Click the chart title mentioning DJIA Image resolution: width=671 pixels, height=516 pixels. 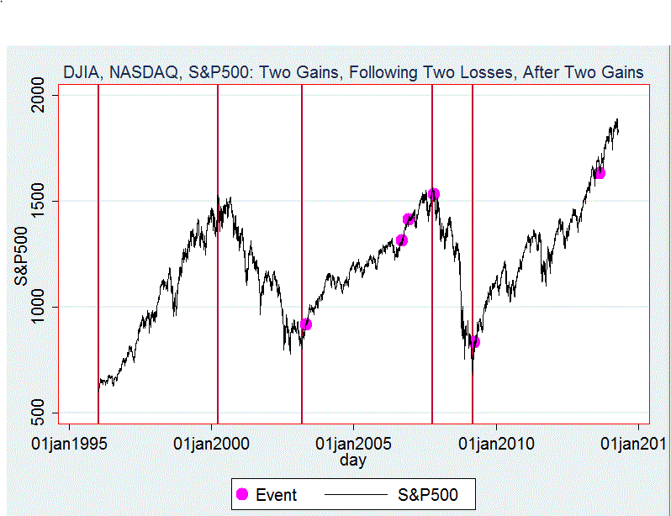pyautogui.click(x=353, y=73)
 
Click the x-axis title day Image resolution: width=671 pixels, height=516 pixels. pyautogui.click(x=353, y=461)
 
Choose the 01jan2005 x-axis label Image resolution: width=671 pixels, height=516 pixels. pyautogui.click(x=353, y=443)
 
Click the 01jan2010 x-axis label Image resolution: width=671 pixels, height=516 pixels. pyautogui.click(x=496, y=443)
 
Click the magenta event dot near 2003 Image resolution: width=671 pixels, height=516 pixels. pyautogui.click(x=306, y=324)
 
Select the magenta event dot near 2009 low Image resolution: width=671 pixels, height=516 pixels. pyautogui.click(x=474, y=342)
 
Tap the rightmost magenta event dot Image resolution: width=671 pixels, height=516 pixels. pyautogui.click(x=600, y=173)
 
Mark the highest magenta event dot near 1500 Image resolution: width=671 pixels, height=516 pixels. pyautogui.click(x=434, y=194)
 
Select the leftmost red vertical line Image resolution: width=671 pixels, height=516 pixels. pyautogui.click(x=98, y=252)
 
